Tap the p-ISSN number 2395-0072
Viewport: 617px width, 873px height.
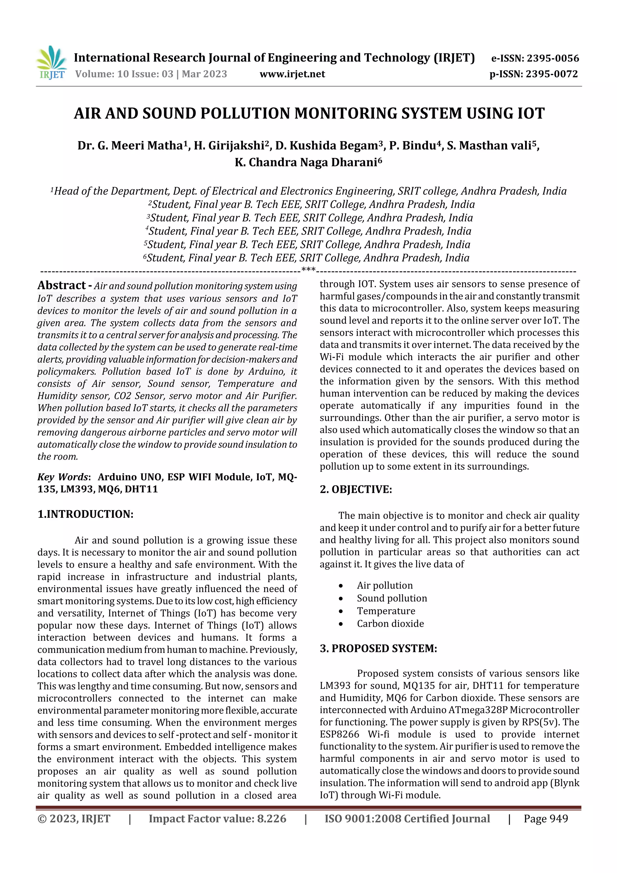552,74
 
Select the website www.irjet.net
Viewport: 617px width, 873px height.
292,74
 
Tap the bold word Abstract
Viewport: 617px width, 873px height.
61,285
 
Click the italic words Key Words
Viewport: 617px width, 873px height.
63,477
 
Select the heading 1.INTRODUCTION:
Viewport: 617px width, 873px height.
85,514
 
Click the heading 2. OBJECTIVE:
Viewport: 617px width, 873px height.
355,489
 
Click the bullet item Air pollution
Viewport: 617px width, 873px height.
384,585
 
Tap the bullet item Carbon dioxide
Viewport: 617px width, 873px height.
390,623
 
